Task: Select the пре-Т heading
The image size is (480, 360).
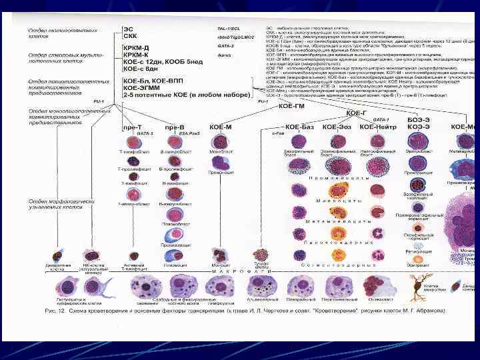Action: [x=133, y=126]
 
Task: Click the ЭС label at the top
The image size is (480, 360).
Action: [x=128, y=29]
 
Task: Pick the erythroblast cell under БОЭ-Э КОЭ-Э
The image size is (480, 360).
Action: [x=417, y=141]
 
